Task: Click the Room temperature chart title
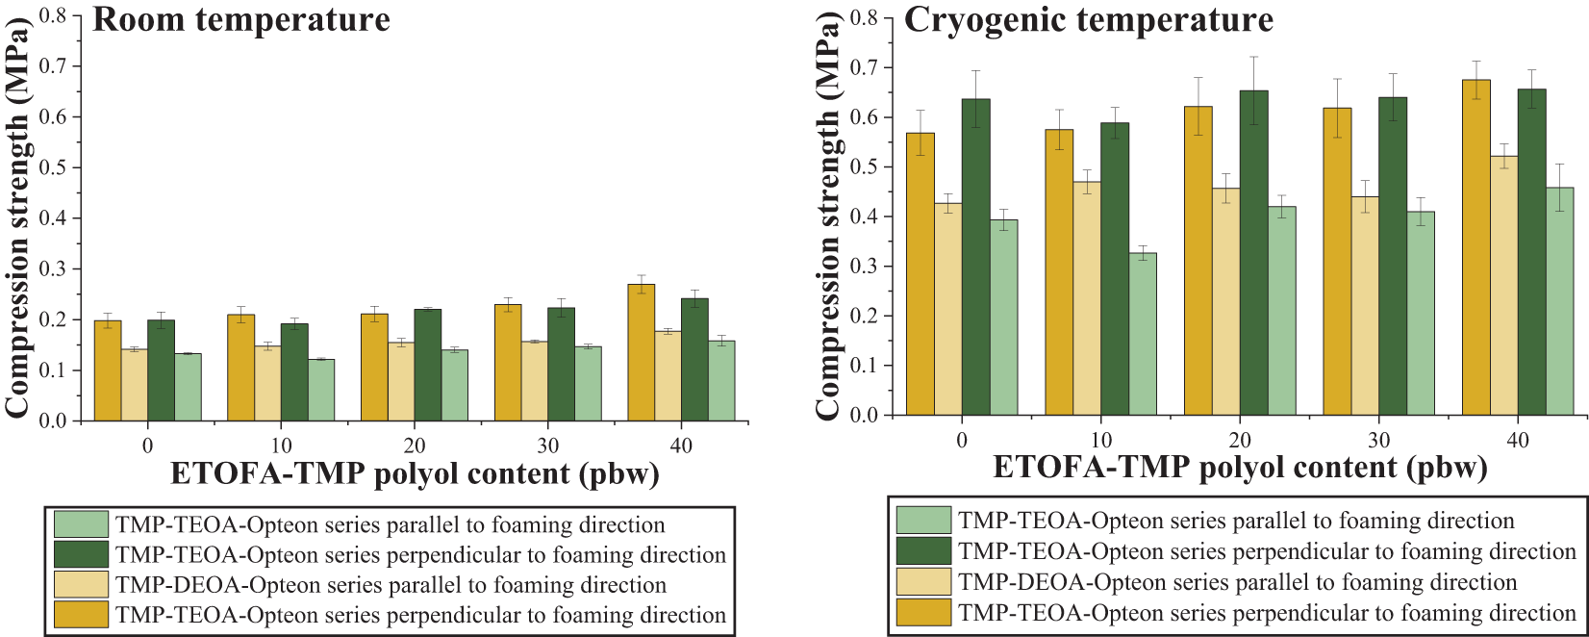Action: pos(241,20)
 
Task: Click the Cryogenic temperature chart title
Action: pos(1089,20)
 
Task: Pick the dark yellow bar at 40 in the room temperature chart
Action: pos(641,352)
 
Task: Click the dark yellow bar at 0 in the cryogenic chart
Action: pos(921,274)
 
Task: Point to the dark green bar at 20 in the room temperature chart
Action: pos(427,365)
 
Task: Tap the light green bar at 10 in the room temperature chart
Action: pos(321,390)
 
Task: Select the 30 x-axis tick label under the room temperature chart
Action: pos(547,446)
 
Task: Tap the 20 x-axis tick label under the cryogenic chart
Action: pos(1240,441)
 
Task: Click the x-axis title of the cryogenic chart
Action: pos(1240,469)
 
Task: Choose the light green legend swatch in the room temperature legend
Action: pos(81,524)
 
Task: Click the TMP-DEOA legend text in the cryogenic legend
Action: pos(1238,582)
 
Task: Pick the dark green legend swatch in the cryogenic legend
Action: pos(923,551)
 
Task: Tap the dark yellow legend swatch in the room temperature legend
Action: pos(81,614)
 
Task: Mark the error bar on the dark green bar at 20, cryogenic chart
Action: pos(1253,90)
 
